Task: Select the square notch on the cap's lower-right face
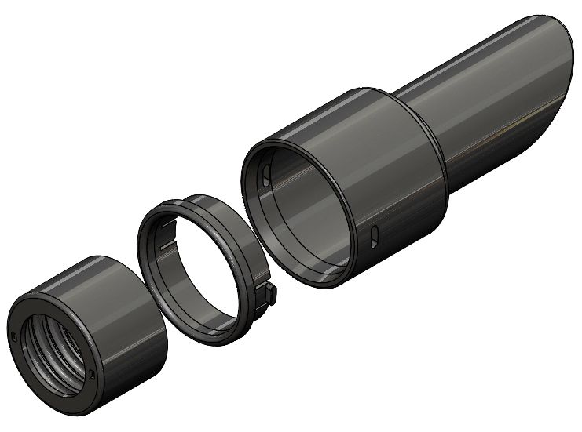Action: pos(92,373)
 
